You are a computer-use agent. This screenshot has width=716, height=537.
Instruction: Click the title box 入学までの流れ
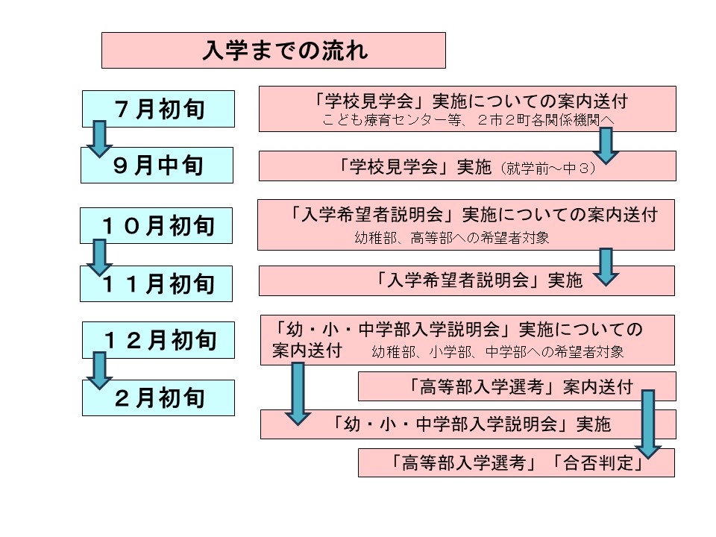click(x=274, y=50)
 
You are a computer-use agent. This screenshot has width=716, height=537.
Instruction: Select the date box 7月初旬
click(x=158, y=109)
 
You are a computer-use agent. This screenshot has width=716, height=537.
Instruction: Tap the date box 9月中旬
click(x=157, y=166)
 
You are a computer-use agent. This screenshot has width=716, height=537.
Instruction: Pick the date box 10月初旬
click(x=156, y=225)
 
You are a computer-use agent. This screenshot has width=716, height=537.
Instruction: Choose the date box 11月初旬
click(x=156, y=283)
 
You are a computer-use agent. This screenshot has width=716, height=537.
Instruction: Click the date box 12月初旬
click(x=158, y=340)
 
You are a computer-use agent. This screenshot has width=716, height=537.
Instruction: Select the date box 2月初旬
click(x=158, y=398)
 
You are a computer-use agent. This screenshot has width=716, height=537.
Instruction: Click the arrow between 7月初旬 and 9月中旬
click(x=99, y=139)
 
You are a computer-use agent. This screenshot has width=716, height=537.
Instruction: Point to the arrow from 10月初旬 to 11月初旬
click(x=99, y=257)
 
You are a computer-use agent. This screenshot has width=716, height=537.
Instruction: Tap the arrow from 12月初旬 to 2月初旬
click(x=99, y=371)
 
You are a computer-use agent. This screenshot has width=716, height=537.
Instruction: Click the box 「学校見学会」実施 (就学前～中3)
click(x=468, y=166)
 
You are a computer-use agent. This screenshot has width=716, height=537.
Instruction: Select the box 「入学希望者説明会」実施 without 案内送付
click(x=467, y=281)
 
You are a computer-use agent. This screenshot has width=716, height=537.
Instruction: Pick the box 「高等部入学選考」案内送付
click(x=517, y=386)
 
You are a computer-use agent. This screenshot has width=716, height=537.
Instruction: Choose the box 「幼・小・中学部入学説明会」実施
click(x=468, y=424)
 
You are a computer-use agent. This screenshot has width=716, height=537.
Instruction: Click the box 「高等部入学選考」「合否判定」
click(x=516, y=462)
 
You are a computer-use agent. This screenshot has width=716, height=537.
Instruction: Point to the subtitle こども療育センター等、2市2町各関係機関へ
click(x=468, y=120)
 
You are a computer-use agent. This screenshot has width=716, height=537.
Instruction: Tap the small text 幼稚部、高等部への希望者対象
click(x=452, y=238)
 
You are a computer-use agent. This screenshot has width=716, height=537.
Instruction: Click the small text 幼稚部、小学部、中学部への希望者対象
click(x=497, y=352)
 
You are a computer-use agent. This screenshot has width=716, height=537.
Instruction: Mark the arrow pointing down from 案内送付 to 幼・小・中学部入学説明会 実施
click(x=298, y=394)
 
